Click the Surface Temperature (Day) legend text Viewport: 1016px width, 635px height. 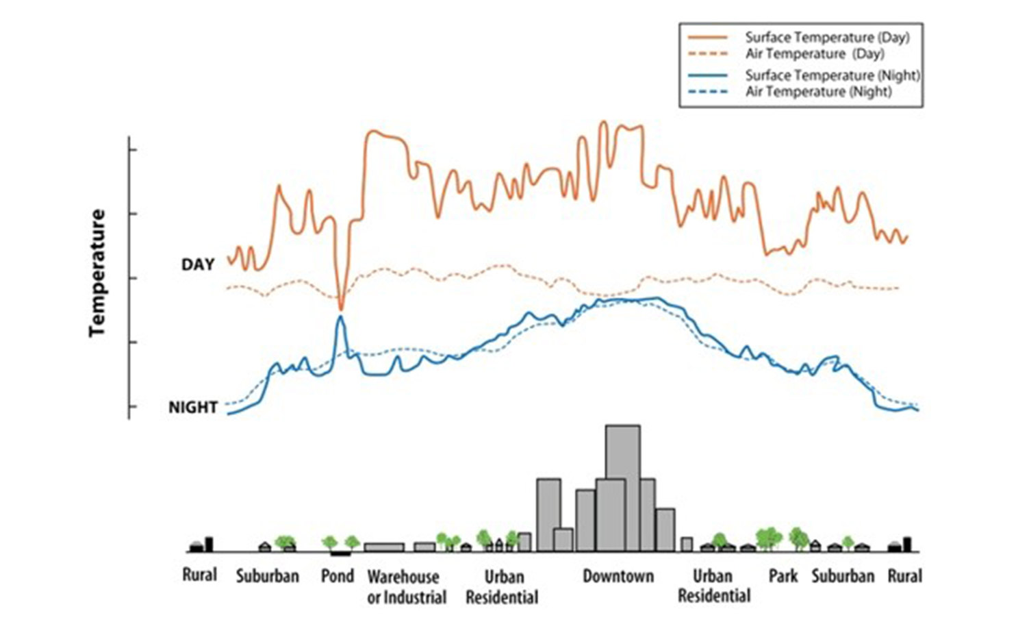point(827,38)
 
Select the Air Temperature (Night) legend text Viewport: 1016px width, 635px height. point(818,92)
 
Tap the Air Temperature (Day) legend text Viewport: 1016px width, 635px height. point(815,54)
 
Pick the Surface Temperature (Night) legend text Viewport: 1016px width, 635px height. point(833,75)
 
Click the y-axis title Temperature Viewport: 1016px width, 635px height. point(98,273)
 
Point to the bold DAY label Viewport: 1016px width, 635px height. point(198,264)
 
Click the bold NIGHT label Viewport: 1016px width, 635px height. point(193,408)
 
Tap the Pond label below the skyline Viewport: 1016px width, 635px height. point(338,576)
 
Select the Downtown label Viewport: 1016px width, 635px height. point(618,576)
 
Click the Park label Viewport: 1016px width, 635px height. point(783,576)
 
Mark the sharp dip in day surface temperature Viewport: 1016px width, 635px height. point(341,306)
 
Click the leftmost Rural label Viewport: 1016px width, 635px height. point(199,574)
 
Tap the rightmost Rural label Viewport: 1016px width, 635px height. point(905,576)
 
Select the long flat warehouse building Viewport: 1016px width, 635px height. point(384,547)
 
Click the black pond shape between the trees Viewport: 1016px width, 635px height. point(340,553)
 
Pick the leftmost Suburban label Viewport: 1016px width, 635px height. point(268,576)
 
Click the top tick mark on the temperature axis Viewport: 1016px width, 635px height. point(132,149)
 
